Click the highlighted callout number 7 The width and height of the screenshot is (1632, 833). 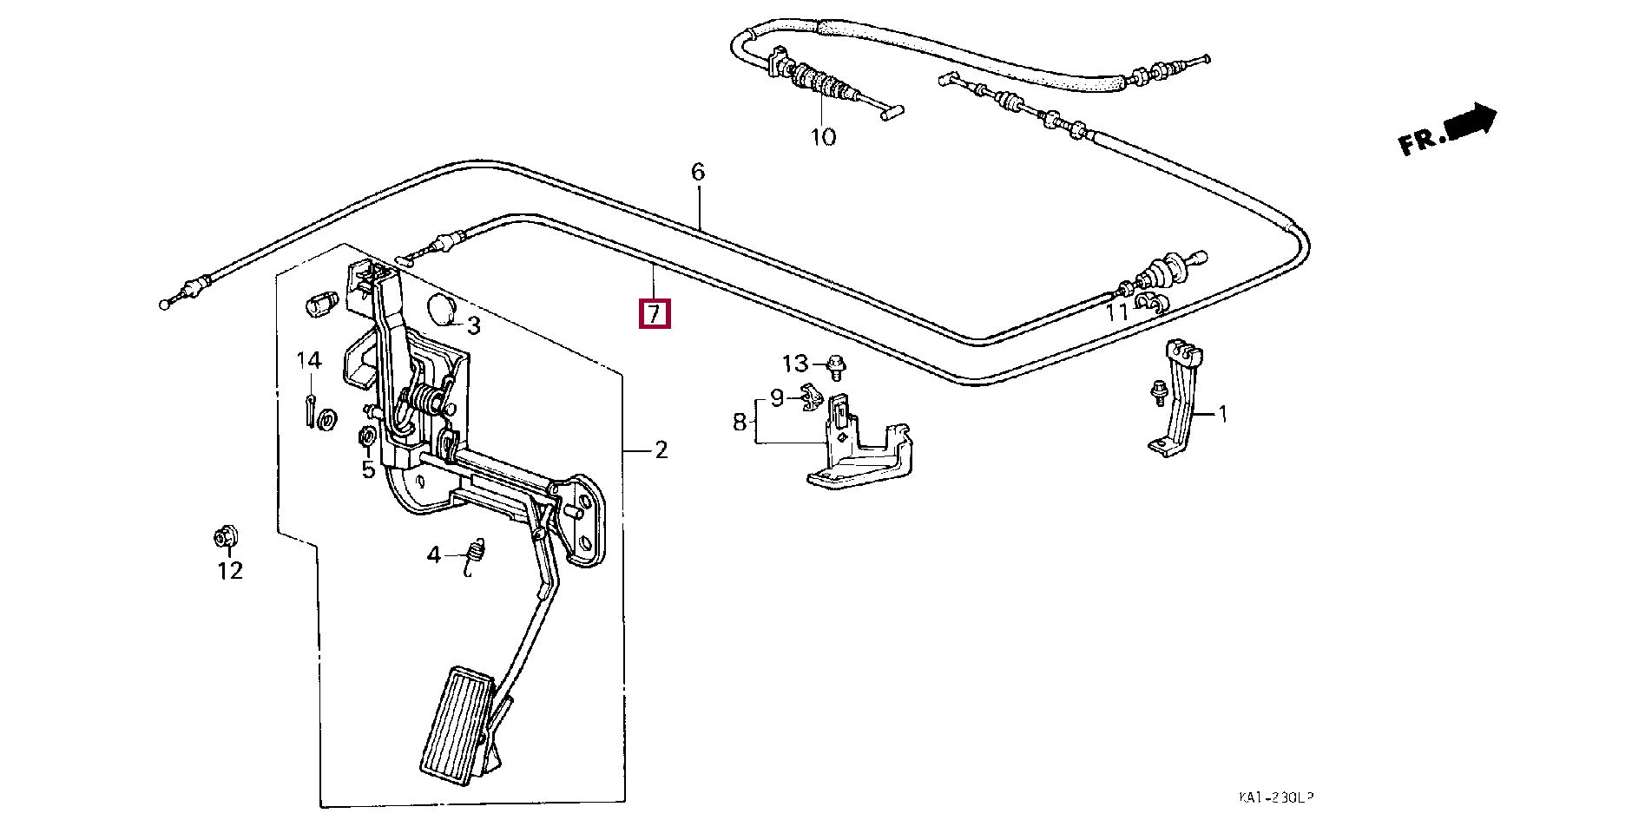coord(654,313)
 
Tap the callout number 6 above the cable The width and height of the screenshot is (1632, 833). coord(698,172)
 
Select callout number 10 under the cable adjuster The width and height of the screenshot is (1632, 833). coord(822,137)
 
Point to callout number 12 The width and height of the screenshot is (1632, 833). coord(229,571)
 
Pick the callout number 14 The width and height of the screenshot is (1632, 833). coord(309,360)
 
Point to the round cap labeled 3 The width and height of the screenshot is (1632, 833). coord(445,310)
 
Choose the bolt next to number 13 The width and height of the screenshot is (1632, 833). coord(835,367)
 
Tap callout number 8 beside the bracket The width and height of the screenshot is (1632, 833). coord(739,423)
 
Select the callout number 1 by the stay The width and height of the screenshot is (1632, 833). coord(1222,414)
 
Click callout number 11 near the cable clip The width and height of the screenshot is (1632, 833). coord(1116,312)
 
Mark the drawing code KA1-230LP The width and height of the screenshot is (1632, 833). coord(1275,797)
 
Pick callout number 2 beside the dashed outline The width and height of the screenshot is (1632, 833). coord(661,449)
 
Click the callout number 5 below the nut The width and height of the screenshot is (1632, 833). coord(368,469)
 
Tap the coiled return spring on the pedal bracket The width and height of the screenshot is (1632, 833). coord(425,400)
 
